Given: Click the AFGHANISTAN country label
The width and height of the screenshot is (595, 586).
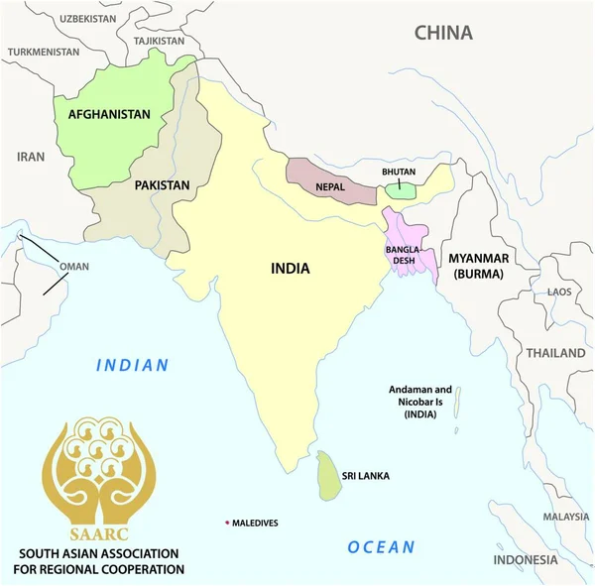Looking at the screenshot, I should (109, 114).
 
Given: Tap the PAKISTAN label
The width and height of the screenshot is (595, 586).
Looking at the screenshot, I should (162, 185).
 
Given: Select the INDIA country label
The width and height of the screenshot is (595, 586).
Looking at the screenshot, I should (291, 268).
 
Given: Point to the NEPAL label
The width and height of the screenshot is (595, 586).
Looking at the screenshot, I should (331, 185).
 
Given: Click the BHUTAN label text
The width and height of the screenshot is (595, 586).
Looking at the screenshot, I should (400, 171).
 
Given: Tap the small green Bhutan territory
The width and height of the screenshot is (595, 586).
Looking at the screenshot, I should (401, 188).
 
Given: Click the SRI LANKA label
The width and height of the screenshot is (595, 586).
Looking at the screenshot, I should (365, 476).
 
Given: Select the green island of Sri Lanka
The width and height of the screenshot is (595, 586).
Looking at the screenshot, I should (328, 477).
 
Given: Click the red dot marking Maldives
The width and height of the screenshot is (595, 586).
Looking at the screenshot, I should (227, 523).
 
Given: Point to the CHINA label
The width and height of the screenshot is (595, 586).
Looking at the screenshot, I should (443, 33).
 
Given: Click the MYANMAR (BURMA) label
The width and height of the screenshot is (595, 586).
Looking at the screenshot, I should (479, 266).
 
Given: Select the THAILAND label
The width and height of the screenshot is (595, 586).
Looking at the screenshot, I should (555, 353).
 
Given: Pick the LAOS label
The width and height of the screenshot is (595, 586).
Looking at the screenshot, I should (560, 292).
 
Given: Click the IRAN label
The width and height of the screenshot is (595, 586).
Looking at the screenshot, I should (31, 157).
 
